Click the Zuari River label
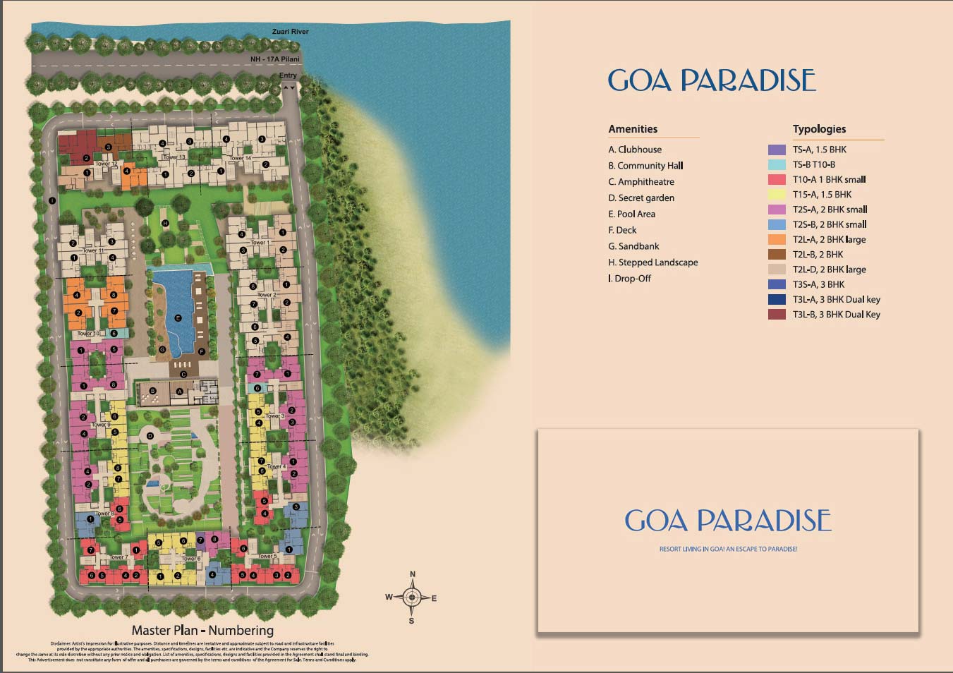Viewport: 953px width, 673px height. [290, 32]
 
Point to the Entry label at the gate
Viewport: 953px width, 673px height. [288, 75]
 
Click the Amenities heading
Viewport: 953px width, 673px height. [633, 129]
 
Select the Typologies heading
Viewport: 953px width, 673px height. [819, 129]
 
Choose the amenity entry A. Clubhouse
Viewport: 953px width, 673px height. [635, 150]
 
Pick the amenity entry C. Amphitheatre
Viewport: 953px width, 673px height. [641, 182]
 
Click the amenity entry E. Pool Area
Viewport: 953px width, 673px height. [631, 214]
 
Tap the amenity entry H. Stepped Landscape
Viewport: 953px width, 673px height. [652, 262]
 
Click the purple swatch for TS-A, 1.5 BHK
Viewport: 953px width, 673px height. [777, 150]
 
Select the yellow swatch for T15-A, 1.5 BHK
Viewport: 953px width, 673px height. [777, 195]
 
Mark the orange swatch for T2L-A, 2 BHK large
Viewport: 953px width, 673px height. [777, 240]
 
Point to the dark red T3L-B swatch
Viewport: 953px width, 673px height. [777, 315]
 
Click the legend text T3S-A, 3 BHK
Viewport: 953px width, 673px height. [818, 284]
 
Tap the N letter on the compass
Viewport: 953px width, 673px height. [413, 574]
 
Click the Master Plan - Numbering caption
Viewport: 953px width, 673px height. [202, 631]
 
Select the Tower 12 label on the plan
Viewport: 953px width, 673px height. [106, 164]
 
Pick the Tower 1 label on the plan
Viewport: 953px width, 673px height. [260, 242]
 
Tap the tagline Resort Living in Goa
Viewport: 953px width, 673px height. [728, 549]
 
